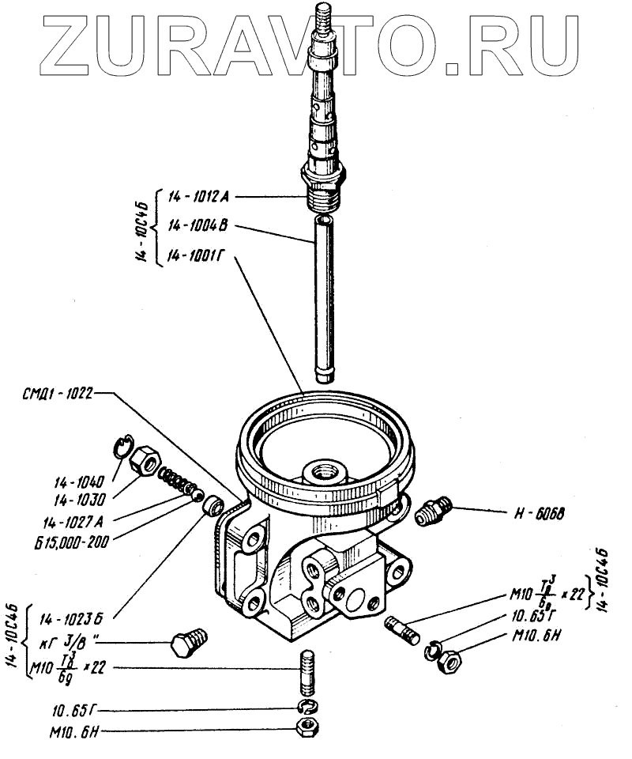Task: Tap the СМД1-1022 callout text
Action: point(58,392)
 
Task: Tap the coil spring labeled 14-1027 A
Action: point(176,481)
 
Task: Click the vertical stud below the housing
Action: point(308,668)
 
